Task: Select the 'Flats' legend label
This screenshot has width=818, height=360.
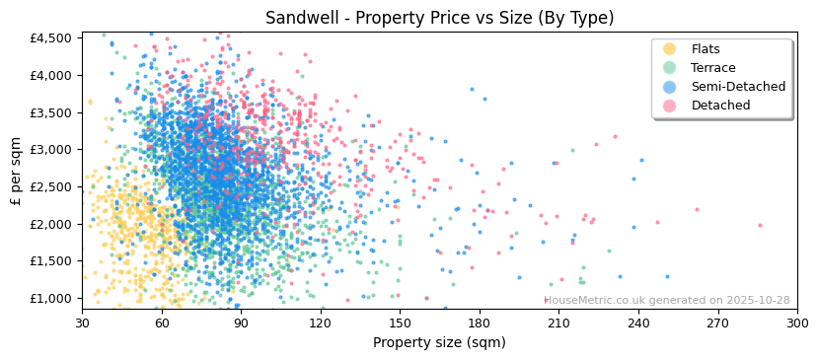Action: (x=705, y=49)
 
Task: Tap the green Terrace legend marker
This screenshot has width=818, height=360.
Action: (x=670, y=68)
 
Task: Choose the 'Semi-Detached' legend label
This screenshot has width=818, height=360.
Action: (x=738, y=87)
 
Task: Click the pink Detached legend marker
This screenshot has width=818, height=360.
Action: (x=670, y=106)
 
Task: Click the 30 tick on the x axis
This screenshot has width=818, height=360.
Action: (x=82, y=323)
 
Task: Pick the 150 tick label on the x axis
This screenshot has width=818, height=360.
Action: (x=400, y=323)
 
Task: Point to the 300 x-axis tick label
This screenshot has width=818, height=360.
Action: (x=797, y=323)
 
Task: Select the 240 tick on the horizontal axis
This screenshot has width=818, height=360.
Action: (x=638, y=323)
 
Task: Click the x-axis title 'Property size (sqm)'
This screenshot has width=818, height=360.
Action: (x=439, y=342)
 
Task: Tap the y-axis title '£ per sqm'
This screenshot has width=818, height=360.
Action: (x=16, y=172)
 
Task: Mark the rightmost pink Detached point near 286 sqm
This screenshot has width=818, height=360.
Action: (x=760, y=225)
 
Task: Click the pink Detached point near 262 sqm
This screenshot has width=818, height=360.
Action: (x=697, y=209)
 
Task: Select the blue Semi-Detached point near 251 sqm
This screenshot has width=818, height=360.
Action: (x=667, y=276)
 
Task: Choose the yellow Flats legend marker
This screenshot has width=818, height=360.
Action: (x=670, y=49)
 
